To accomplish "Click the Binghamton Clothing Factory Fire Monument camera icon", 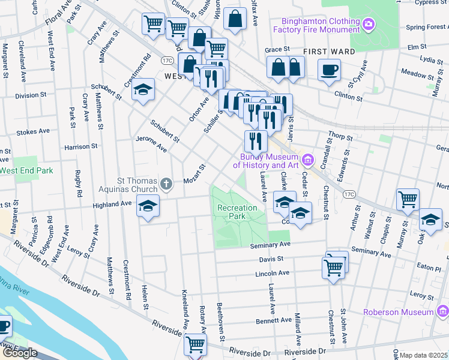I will pyautogui.click(x=369, y=25).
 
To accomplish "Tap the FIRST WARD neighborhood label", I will pyautogui.click(x=329, y=52).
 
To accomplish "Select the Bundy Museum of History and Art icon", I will pyautogui.click(x=309, y=160).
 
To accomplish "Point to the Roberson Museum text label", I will pyautogui.click(x=398, y=312).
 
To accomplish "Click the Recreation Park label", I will pyautogui.click(x=237, y=212).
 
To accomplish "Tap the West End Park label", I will pyautogui.click(x=26, y=170).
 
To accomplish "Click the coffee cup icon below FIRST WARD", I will pyautogui.click(x=328, y=69).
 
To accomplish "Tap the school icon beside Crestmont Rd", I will pyautogui.click(x=143, y=89).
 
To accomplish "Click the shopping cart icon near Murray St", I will pyautogui.click(x=408, y=199).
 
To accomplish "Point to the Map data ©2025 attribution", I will pyautogui.click(x=424, y=355).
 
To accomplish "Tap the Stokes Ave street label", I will pyautogui.click(x=33, y=131).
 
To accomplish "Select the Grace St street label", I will pyautogui.click(x=277, y=49).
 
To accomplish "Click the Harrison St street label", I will pyautogui.click(x=81, y=146).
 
